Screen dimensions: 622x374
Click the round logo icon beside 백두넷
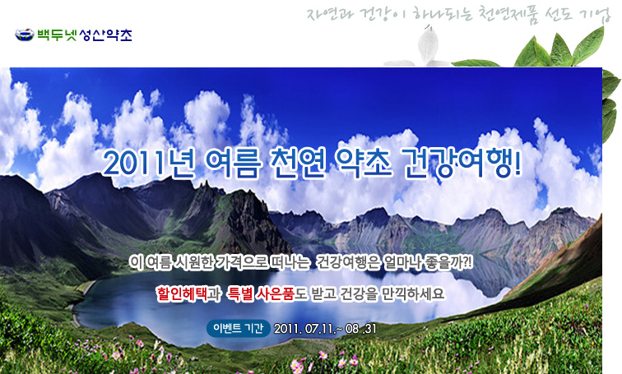[x=25, y=35]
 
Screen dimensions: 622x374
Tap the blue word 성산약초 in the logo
[x=105, y=35]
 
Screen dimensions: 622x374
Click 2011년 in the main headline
[x=149, y=163]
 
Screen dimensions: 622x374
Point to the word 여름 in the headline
[x=234, y=163]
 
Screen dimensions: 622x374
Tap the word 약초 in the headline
[x=363, y=162]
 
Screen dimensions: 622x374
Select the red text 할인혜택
[x=182, y=294]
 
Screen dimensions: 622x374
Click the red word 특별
[x=240, y=294]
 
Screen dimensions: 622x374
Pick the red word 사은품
[x=276, y=294]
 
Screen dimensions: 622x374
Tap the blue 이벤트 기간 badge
[x=238, y=329]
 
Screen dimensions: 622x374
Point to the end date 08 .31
[x=360, y=329]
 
